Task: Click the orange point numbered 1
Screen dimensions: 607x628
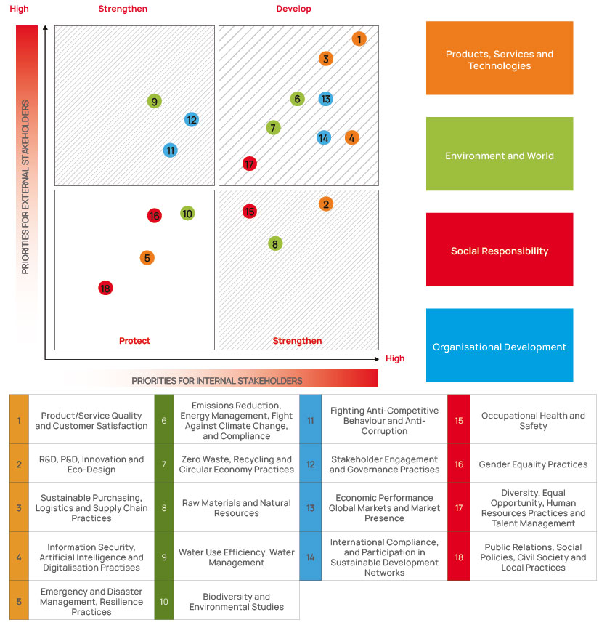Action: (359, 39)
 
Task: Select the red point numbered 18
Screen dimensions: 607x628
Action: (105, 288)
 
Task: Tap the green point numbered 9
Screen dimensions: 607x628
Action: (154, 101)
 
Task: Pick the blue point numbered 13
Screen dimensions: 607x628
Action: (326, 99)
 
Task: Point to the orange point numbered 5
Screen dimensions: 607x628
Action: (147, 258)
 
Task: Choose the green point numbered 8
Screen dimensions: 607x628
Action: (275, 243)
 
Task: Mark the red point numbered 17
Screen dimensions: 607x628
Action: (249, 164)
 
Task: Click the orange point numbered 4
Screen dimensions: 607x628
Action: (351, 138)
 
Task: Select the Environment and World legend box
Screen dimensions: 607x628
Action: (500, 154)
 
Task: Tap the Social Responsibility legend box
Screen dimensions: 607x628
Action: (500, 249)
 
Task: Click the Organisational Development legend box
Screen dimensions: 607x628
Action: (500, 345)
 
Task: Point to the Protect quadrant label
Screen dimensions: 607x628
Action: (134, 341)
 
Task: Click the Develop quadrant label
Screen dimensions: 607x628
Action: (293, 9)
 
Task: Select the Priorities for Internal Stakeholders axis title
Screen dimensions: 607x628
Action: (217, 380)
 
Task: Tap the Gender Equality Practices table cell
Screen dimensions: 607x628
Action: (533, 464)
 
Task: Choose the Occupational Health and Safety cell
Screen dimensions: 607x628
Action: (533, 420)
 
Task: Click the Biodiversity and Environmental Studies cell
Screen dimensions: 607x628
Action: (237, 601)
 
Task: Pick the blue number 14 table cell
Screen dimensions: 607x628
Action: (310, 557)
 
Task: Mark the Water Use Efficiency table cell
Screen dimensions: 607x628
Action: (237, 557)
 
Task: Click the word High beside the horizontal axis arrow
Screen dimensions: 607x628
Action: (395, 358)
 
